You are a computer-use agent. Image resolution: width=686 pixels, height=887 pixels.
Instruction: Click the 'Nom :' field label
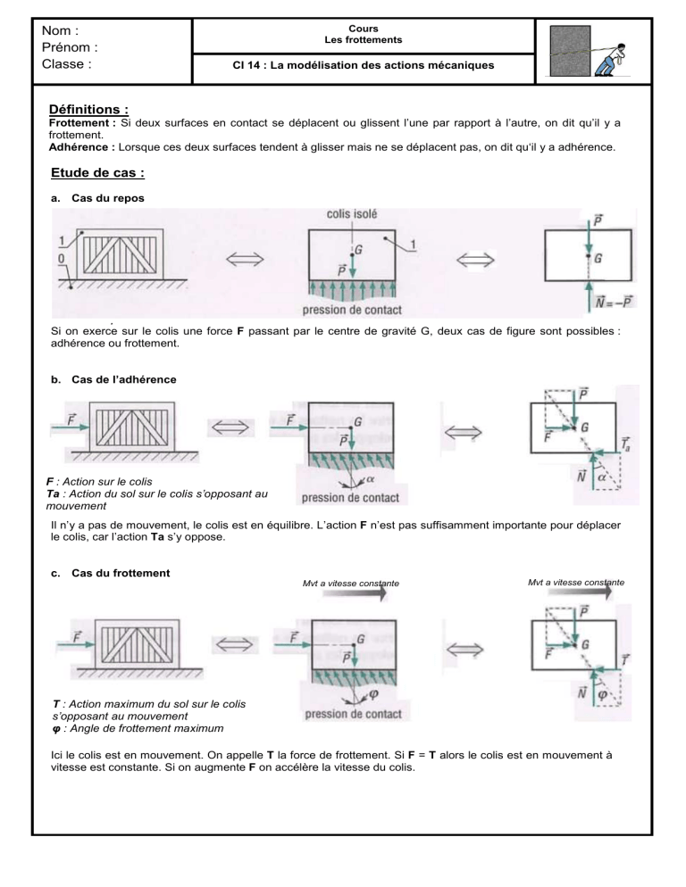[60, 30]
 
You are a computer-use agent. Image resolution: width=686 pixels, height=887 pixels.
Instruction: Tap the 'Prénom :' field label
[70, 47]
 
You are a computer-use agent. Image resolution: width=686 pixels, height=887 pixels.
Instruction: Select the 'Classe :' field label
[66, 64]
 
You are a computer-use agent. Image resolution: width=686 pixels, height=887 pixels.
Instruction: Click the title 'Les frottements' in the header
[364, 39]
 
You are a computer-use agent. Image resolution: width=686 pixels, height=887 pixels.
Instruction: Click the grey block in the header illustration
[570, 51]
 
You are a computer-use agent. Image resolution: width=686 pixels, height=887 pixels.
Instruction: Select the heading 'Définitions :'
[88, 109]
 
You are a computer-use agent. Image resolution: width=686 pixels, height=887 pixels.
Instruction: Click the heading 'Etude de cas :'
[97, 172]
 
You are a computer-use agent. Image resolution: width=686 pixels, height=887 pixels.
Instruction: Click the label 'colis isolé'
[352, 214]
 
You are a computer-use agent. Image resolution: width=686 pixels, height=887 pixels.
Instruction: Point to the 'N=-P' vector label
[614, 303]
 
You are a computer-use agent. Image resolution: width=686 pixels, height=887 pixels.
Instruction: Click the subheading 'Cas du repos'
[107, 198]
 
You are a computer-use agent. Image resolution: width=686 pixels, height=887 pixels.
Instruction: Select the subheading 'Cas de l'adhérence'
[123, 379]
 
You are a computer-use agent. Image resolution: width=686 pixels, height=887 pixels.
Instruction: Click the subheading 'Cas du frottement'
[121, 573]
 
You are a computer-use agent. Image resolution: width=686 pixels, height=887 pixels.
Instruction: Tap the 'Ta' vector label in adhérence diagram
[625, 444]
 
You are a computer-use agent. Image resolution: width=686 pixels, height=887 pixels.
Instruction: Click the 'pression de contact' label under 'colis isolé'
[352, 310]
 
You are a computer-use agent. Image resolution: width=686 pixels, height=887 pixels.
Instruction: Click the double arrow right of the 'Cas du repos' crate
[246, 259]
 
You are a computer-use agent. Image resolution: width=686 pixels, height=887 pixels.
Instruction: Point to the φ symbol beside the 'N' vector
[602, 694]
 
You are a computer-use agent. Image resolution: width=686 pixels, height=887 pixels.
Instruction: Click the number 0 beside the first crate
[61, 259]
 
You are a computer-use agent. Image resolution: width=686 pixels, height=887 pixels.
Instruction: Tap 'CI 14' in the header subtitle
[246, 65]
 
